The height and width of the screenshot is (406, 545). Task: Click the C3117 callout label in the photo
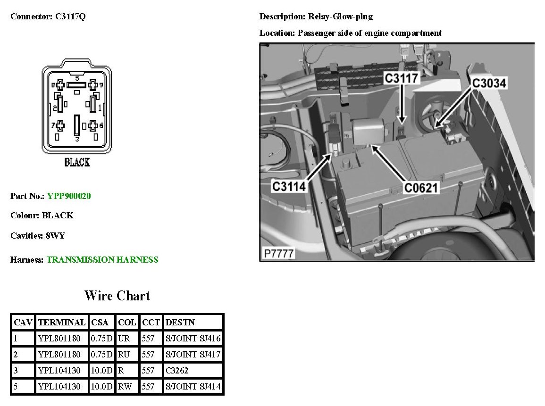coord(402,78)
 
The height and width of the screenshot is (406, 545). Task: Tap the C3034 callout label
coord(489,83)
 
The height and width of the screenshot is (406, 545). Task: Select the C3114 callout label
coord(289,187)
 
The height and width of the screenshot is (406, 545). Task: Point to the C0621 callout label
coord(421,188)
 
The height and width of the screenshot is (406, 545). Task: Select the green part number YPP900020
coord(69,196)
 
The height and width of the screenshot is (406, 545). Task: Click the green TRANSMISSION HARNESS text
coord(102,259)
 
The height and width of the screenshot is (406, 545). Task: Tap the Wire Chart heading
coord(117,296)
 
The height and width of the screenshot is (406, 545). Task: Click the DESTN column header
coord(180,323)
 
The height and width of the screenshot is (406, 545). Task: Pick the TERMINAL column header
coord(62,323)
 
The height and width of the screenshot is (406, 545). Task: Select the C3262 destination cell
coord(177,371)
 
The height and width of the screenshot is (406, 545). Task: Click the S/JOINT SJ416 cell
coord(193,339)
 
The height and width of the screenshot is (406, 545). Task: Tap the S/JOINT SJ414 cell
coord(193,387)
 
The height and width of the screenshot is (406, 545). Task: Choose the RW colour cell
coord(125,387)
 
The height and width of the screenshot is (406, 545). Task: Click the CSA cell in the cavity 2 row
coord(102,355)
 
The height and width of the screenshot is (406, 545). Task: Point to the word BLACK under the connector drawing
coord(77,163)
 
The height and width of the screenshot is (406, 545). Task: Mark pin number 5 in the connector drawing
coord(77,78)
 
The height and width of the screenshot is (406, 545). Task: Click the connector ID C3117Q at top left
coord(67,17)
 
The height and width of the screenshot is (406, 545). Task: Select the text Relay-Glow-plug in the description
coord(340,17)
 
